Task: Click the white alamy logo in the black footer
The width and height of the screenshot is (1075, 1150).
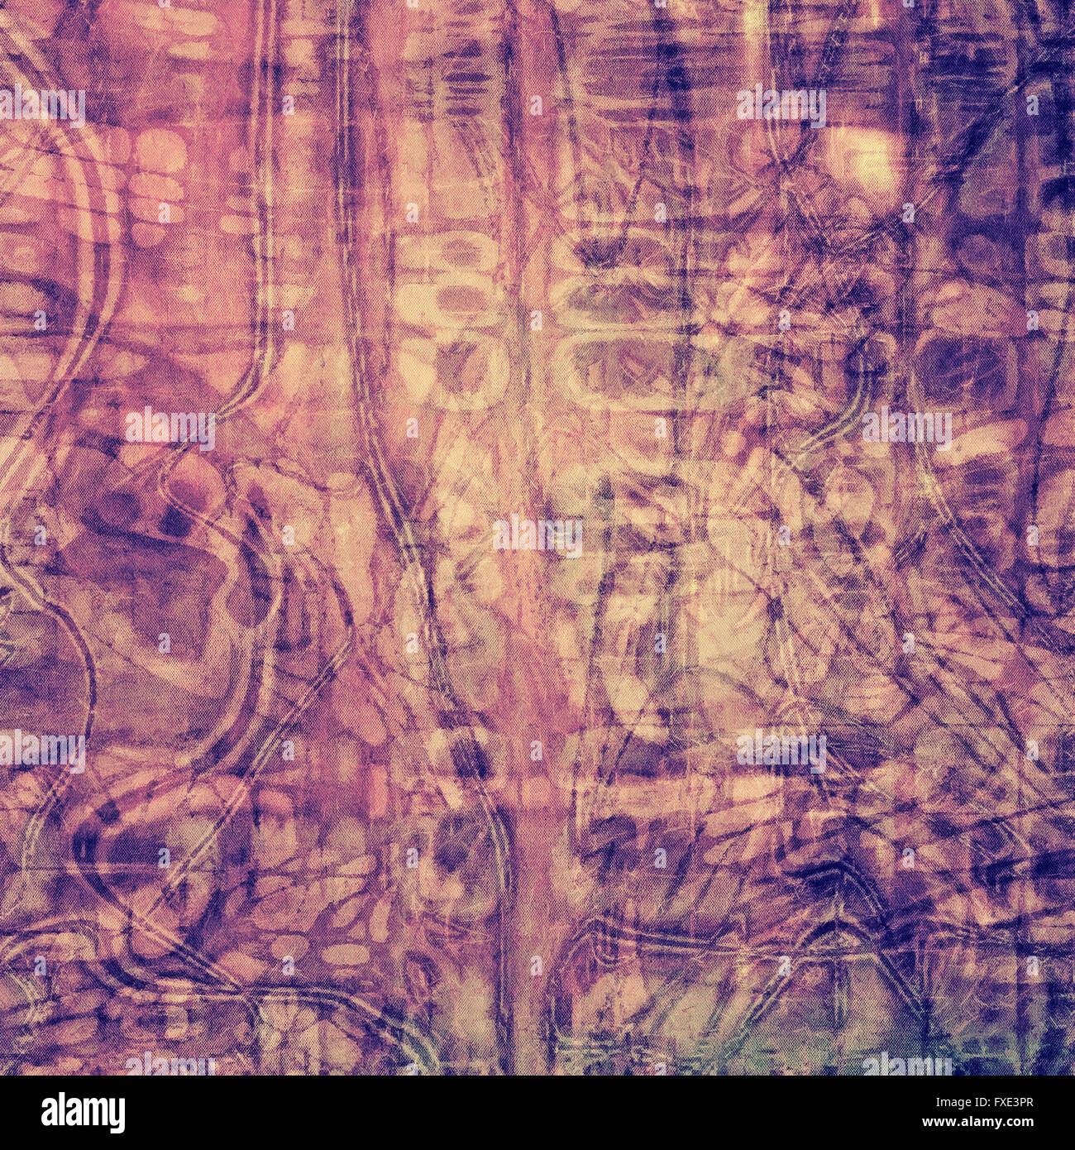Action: click(75, 1113)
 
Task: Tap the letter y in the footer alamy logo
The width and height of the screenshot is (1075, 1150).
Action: click(116, 1117)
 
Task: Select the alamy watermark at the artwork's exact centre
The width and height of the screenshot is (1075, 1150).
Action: click(537, 534)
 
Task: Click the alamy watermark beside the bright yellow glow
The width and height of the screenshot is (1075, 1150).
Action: click(781, 106)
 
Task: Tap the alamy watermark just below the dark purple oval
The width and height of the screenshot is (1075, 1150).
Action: click(906, 428)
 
